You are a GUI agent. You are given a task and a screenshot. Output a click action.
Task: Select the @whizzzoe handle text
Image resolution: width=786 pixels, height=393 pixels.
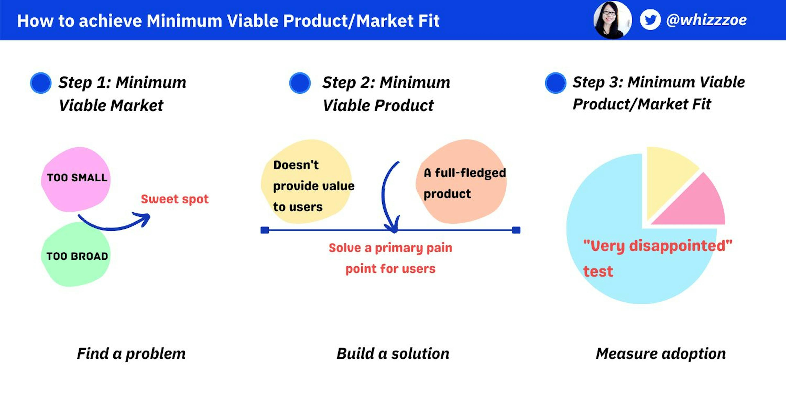click(706, 20)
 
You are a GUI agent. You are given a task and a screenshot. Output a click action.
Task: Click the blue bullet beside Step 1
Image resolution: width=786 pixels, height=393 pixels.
click(41, 83)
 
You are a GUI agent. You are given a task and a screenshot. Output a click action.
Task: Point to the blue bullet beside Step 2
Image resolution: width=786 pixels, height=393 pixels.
click(300, 83)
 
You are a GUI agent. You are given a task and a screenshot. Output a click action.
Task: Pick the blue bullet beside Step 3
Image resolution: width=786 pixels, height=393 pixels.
click(555, 83)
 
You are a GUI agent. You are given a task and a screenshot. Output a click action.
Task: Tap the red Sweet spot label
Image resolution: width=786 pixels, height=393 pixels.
click(175, 199)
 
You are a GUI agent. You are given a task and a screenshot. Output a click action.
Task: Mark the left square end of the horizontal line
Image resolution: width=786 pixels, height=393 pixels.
click(264, 230)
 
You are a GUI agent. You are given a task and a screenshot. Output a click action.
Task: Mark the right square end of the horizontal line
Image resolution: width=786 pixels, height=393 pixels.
click(516, 230)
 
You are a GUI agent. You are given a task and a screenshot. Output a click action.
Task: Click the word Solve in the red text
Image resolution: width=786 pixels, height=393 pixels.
click(345, 248)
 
